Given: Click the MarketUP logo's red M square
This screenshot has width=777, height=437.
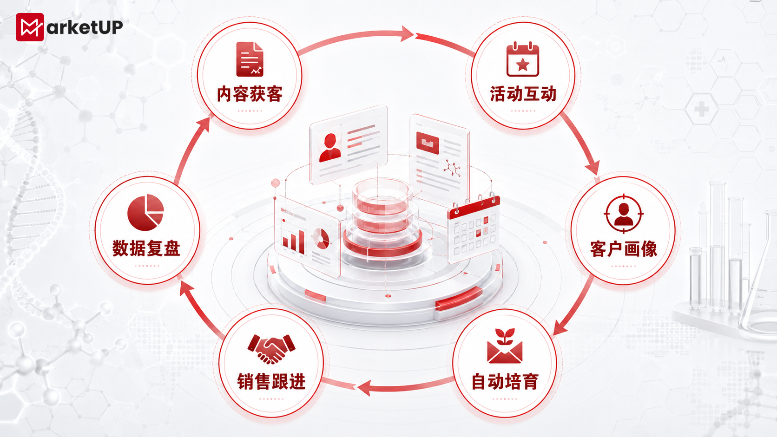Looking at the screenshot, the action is [x=30, y=27].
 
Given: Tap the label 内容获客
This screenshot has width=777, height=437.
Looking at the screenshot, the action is [x=250, y=94].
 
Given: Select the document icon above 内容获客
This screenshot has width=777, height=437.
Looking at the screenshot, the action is [x=250, y=59].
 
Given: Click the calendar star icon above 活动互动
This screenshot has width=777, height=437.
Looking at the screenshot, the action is [x=523, y=59].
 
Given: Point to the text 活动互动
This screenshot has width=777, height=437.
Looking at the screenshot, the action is [x=523, y=94].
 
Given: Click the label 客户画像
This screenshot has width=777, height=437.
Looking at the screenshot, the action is [x=624, y=249].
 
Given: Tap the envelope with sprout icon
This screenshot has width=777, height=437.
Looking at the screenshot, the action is [x=505, y=346].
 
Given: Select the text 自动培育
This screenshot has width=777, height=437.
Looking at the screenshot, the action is [x=505, y=382].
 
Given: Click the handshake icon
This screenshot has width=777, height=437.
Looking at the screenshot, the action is [x=271, y=349].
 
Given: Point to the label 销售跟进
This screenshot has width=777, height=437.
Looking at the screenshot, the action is [x=271, y=382].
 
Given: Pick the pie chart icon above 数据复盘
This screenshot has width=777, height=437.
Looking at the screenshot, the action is [x=145, y=212].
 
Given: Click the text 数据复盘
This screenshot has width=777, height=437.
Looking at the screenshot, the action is [x=146, y=248].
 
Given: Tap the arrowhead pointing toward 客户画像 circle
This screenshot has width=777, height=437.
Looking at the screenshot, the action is [x=593, y=168].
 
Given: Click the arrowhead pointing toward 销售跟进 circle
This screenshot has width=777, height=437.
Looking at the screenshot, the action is [x=364, y=388].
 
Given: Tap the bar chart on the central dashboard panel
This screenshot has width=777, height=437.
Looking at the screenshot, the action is [x=293, y=241].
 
